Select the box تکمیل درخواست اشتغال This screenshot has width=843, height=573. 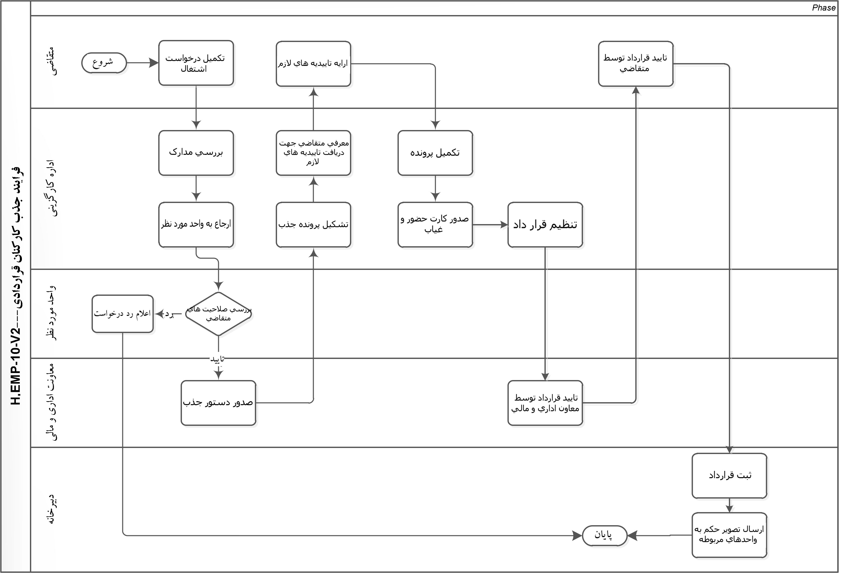196,63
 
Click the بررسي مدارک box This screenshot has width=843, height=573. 196,153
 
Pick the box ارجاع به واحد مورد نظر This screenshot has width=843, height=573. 196,224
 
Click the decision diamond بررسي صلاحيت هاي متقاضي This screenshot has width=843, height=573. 218,314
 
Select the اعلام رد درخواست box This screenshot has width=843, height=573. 123,314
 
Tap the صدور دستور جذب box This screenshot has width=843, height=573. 218,402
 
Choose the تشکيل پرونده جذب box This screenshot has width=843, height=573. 313,224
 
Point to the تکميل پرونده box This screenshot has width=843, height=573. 435,153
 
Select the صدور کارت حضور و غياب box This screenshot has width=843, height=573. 435,224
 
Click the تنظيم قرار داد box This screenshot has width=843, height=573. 545,224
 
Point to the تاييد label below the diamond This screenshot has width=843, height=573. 218,359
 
